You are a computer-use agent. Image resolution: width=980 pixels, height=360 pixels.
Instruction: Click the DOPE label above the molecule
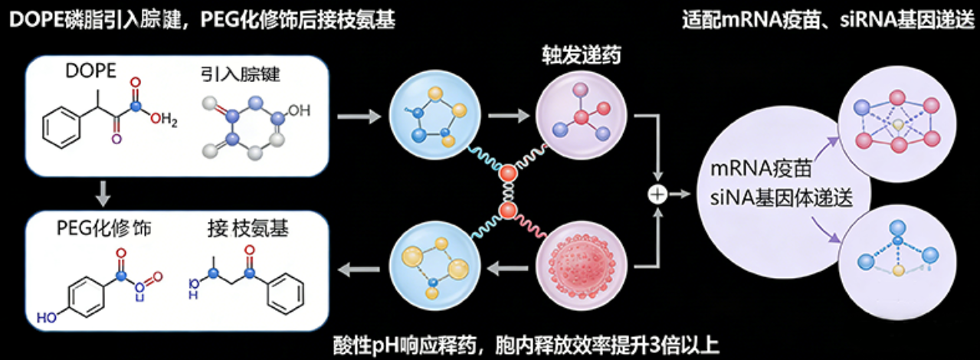point(90,72)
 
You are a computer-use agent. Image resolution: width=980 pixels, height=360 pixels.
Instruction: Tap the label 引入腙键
point(238,74)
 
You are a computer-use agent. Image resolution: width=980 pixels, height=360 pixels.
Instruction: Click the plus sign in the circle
point(656,194)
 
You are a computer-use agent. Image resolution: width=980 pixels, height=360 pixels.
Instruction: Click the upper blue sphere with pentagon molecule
point(432,116)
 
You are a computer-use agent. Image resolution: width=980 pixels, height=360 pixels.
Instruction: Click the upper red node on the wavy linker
point(508,174)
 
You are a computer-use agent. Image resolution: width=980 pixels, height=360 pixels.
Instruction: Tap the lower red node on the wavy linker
point(508,210)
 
